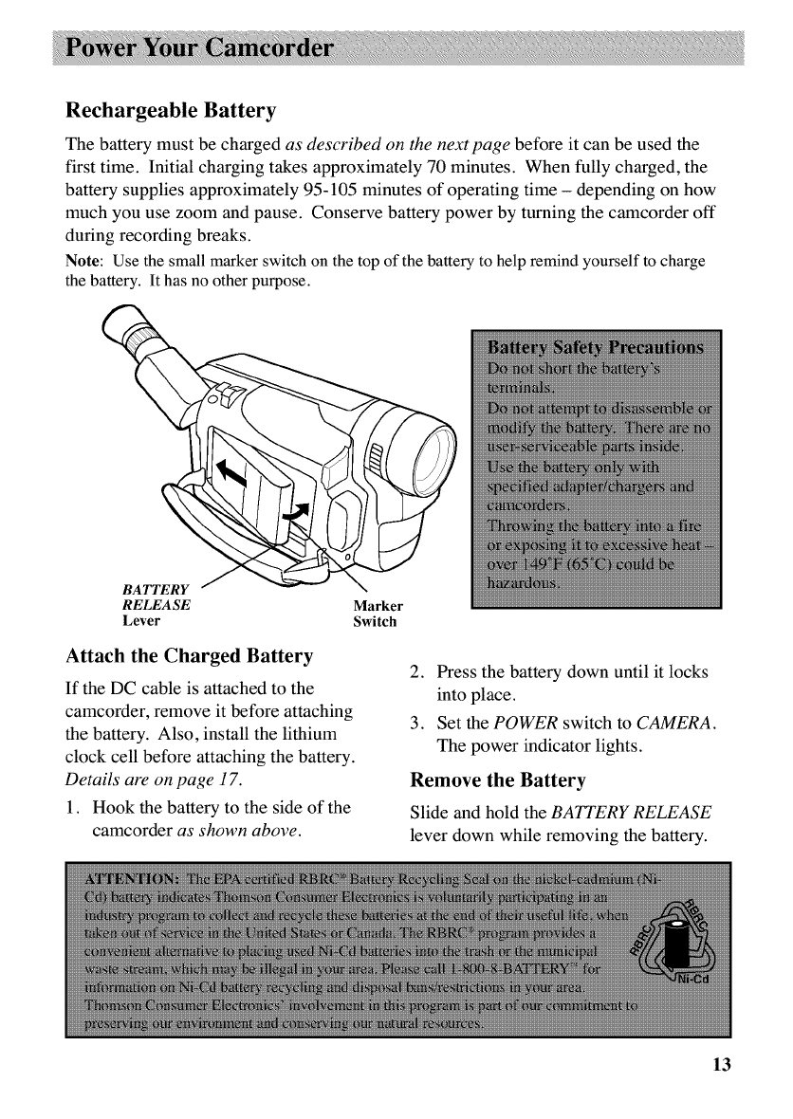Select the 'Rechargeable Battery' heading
170,111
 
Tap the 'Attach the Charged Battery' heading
189,655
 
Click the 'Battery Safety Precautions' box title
596,346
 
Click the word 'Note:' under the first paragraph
84,263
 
